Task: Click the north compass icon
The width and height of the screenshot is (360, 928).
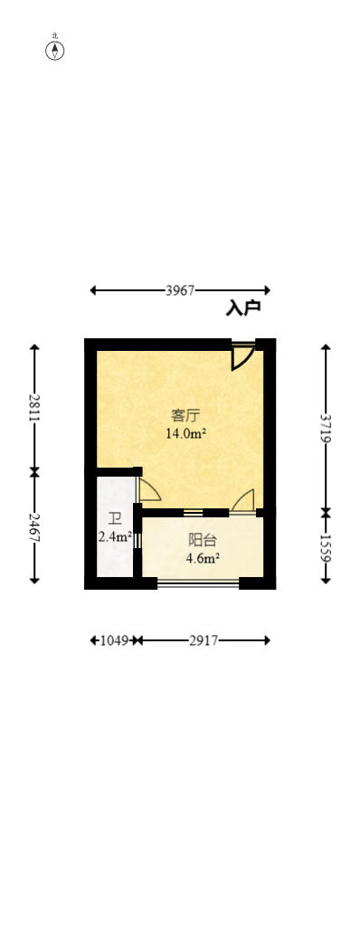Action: tap(55, 50)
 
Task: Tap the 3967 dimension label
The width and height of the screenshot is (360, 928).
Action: tap(180, 290)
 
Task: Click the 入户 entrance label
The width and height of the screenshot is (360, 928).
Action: tap(243, 308)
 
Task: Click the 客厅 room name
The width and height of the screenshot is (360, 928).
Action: tap(185, 416)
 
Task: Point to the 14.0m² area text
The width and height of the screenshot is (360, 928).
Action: tap(185, 434)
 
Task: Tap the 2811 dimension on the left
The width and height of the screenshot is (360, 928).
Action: tap(34, 408)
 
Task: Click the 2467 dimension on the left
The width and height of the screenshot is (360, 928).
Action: tap(34, 527)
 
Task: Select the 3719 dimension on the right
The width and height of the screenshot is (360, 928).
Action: tap(326, 427)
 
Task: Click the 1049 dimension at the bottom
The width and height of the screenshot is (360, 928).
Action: tap(113, 640)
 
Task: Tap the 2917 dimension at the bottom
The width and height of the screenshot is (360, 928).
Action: tap(204, 640)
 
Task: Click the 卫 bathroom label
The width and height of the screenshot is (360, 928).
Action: tap(114, 518)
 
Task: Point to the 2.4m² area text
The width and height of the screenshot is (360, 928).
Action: tap(115, 536)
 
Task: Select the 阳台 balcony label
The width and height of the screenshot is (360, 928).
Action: tap(202, 540)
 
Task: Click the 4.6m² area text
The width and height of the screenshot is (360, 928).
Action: tap(203, 558)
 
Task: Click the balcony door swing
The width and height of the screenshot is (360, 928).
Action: tap(243, 501)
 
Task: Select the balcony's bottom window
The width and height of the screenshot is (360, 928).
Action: tap(198, 583)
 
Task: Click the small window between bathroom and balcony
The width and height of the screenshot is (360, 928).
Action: tap(137, 541)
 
